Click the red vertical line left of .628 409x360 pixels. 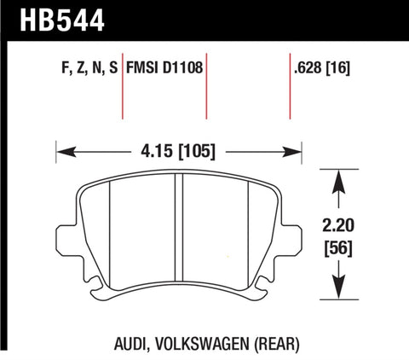[291, 90]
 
